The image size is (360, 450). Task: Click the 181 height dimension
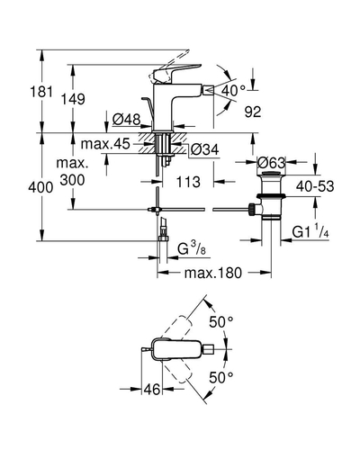pyautogui.click(x=41, y=92)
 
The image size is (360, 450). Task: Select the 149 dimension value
pyautogui.click(x=73, y=99)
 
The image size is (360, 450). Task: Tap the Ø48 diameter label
pyautogui.click(x=126, y=120)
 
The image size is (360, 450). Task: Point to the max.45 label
pyautogui.click(x=105, y=144)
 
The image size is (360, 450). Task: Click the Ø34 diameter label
pyautogui.click(x=205, y=149)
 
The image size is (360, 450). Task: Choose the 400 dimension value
pyautogui.click(x=40, y=188)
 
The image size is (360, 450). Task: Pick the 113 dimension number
pyautogui.click(x=188, y=182)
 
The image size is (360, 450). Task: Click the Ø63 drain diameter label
pyautogui.click(x=271, y=163)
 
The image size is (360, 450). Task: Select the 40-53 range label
pyautogui.click(x=315, y=186)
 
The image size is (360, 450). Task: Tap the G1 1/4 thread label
pyautogui.click(x=310, y=231)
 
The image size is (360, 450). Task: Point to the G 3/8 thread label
pyautogui.click(x=192, y=248)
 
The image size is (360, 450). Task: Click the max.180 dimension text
pyautogui.click(x=213, y=273)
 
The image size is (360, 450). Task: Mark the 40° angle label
pyautogui.click(x=234, y=90)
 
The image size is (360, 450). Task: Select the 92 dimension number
pyautogui.click(x=253, y=112)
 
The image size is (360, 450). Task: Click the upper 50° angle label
pyautogui.click(x=221, y=322)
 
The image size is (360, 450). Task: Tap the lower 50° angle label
pyautogui.click(x=221, y=377)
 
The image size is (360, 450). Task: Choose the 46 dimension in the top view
pyautogui.click(x=152, y=390)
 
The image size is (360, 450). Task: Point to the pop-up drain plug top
pyautogui.click(x=271, y=174)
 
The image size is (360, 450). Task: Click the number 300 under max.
pyautogui.click(x=72, y=180)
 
